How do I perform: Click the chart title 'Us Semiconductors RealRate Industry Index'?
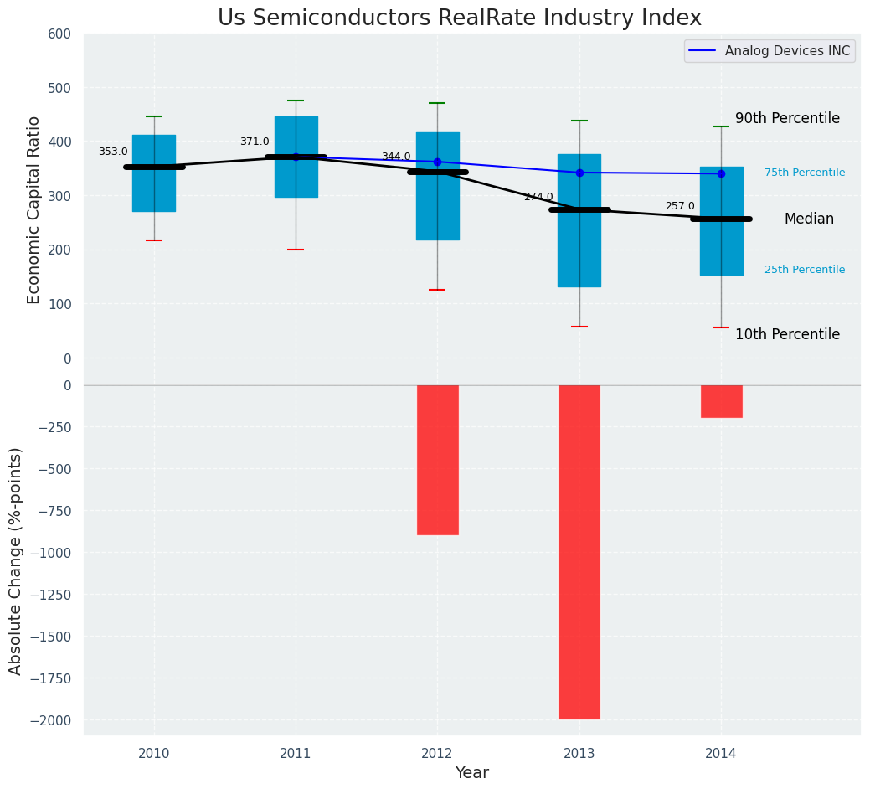459,18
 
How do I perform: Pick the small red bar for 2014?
721,401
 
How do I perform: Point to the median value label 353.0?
113,152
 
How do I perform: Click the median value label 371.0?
255,142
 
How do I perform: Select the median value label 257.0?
680,206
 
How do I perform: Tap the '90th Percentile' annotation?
787,118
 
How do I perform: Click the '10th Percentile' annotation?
787,334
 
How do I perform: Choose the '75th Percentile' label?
805,173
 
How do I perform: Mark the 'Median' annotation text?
809,219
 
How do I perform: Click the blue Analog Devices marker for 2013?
579,173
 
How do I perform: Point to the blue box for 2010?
154,193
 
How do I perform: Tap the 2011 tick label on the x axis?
296,753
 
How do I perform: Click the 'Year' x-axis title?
472,773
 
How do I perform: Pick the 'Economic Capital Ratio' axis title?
34,209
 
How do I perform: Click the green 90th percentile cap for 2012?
437,103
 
